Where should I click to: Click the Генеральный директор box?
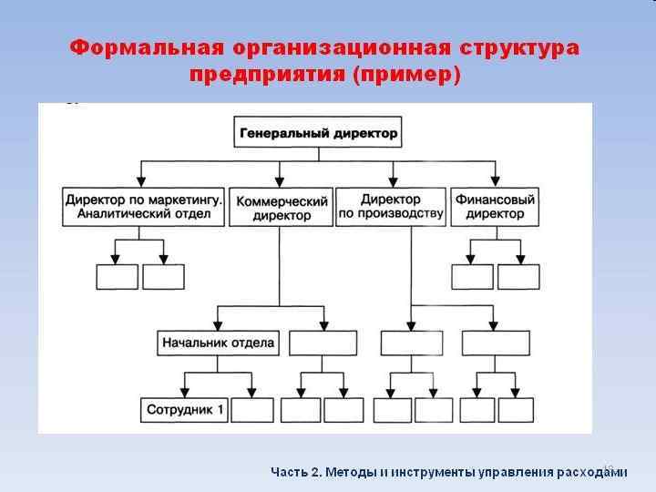coord(318,133)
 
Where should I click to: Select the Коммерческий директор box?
coord(282,208)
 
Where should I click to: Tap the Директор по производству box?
coord(391,208)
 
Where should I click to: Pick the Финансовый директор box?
coord(495,207)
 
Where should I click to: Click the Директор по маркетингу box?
coord(144,207)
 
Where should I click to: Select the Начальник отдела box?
coord(218,343)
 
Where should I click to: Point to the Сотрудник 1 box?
coord(183,410)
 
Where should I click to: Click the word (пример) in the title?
coord(405,74)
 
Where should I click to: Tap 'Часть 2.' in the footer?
coord(295,472)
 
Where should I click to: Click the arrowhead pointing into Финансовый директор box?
coord(495,180)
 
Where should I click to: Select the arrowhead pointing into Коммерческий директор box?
coord(282,180)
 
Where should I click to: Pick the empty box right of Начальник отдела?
coord(323,343)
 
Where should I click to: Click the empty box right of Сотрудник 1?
coord(251,410)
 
